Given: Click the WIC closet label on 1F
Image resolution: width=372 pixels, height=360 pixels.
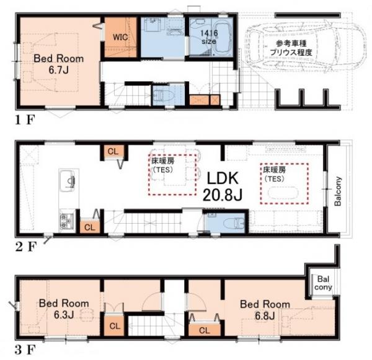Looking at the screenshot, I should click(x=120, y=36).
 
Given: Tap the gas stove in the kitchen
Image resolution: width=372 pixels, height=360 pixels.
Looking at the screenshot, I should click(x=66, y=220).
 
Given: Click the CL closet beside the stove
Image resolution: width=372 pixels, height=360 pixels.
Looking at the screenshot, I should click(x=89, y=227).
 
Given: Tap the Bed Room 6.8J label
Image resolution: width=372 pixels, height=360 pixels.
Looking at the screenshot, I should click(x=265, y=309).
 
